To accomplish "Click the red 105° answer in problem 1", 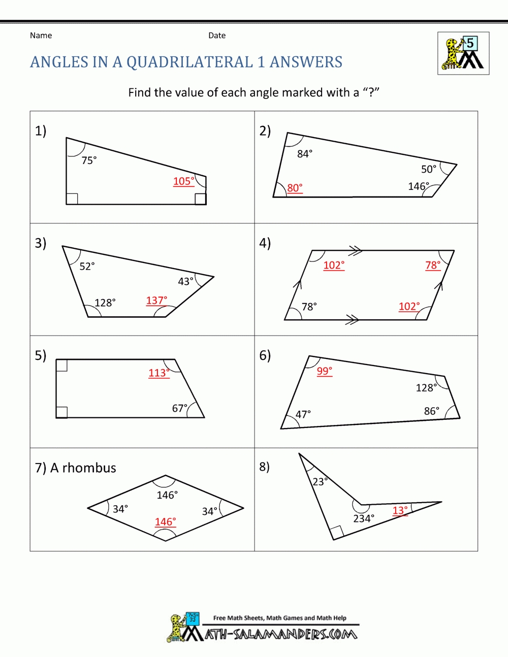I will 184,181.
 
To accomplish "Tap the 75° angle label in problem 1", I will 89,160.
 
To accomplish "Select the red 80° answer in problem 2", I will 295,188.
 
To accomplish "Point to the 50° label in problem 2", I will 429,169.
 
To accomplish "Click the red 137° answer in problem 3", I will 156,301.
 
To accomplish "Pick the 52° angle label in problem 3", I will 87,266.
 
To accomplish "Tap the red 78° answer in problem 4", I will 433,265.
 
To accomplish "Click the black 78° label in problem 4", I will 309,307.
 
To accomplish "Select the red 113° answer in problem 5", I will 159,373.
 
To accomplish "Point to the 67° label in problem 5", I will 180,408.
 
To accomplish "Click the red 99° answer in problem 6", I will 324,371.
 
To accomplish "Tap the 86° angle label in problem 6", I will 432,411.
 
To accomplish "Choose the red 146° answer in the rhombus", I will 165,522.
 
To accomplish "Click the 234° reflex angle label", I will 364,518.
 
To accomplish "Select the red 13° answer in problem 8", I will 400,510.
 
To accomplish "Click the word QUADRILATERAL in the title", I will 189,62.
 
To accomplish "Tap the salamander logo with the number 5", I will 463,53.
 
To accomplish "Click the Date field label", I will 217,36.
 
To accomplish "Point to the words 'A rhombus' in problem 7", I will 83,468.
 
